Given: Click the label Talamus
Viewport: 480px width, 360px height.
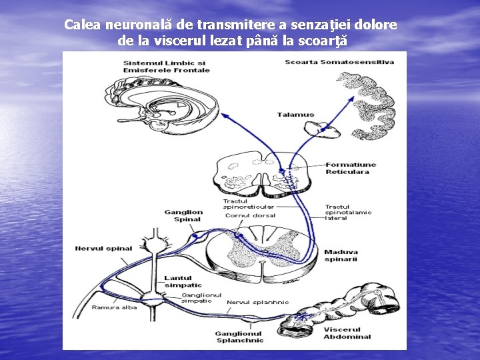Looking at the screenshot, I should coord(295,115).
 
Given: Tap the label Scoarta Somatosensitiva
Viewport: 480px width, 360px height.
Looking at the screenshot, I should coord(339,62).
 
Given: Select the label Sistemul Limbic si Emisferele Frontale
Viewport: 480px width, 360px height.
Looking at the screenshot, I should coord(166,66).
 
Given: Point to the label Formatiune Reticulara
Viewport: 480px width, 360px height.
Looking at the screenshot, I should coord(351,168).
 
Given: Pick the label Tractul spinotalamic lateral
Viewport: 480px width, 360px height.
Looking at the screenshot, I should coord(348,212).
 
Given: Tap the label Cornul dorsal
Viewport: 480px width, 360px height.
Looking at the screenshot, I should coord(250,215).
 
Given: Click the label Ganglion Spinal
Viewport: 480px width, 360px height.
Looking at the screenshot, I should coord(183,215).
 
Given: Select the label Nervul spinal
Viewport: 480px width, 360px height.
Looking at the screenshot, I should coord(104,249).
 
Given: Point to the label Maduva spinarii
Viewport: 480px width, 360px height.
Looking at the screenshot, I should coord(341,255).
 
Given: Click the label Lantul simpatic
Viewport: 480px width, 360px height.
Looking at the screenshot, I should coord(178,281).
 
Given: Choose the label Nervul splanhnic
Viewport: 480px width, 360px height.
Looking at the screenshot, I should coord(258,302).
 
